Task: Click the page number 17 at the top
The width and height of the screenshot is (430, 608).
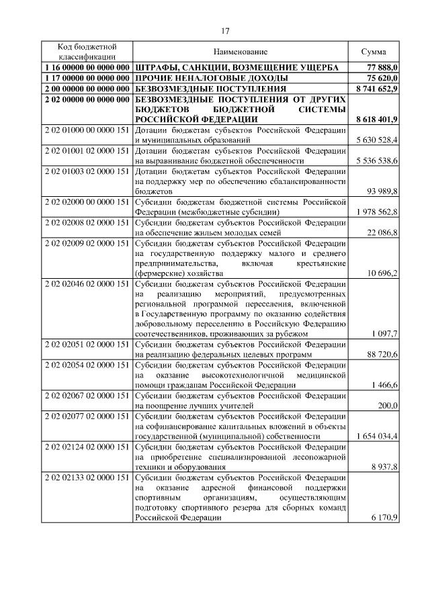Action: coord(225,30)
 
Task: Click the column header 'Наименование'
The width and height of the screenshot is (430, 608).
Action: coord(241,52)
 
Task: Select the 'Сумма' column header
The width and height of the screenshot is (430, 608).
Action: coord(373,52)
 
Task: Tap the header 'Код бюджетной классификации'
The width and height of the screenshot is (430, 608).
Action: coord(87,52)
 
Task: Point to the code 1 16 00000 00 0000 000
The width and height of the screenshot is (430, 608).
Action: coord(87,67)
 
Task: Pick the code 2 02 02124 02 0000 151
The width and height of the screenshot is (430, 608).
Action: coord(87,447)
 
